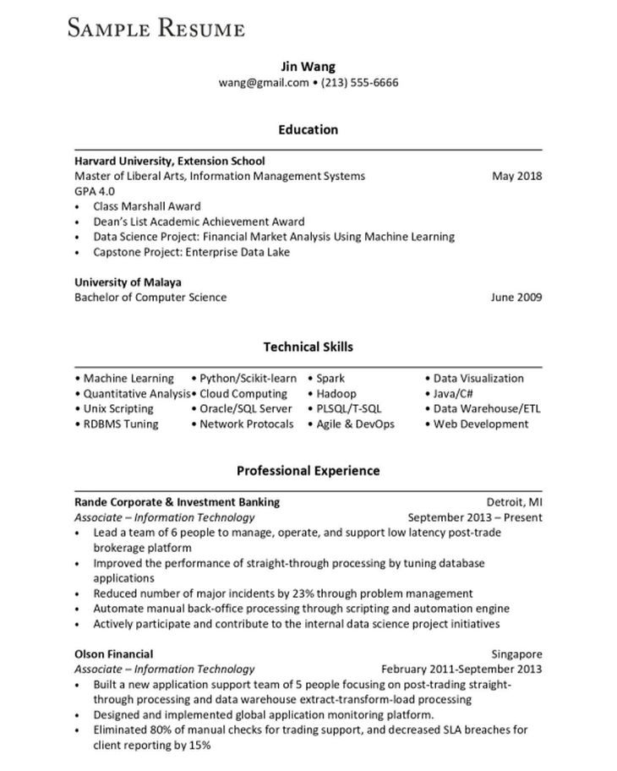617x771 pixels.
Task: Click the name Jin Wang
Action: point(308,66)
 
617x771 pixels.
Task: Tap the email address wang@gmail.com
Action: point(264,82)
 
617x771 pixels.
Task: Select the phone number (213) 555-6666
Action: point(360,82)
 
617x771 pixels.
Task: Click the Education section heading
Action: point(308,129)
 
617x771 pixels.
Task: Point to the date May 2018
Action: point(516,176)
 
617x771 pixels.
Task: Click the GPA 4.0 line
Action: point(95,191)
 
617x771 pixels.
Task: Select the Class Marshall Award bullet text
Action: point(147,206)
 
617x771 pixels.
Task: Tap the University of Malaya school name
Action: point(128,282)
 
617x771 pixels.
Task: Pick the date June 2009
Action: point(516,297)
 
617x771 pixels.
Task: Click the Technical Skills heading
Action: point(308,347)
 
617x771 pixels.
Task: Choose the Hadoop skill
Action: point(336,394)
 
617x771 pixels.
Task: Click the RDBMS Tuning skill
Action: point(121,424)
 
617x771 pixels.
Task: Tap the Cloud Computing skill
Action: point(243,394)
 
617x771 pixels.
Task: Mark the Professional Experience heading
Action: point(308,470)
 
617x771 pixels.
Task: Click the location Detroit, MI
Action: point(514,502)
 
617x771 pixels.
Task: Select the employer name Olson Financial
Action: point(113,653)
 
